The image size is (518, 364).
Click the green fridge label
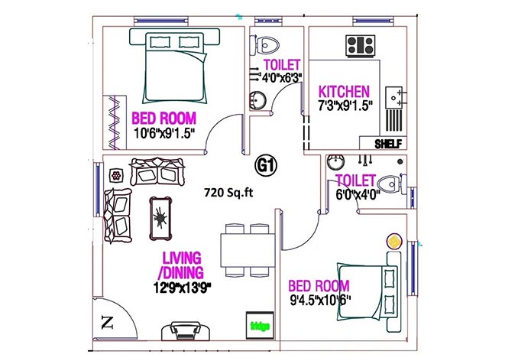[x=260, y=326]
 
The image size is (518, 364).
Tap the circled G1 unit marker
[x=267, y=165]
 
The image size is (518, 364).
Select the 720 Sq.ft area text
[x=228, y=193]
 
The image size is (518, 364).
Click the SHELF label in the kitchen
[x=388, y=144]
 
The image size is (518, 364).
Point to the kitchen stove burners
[x=361, y=46]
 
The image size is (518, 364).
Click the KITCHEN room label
[x=344, y=91]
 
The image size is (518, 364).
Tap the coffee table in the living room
[x=160, y=218]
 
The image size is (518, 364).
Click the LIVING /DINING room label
[x=181, y=265]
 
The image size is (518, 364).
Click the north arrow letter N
[x=107, y=323]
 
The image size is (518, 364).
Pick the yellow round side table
[x=393, y=242]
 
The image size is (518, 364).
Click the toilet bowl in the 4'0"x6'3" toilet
[x=267, y=44]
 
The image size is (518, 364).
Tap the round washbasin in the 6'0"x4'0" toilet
[x=335, y=162]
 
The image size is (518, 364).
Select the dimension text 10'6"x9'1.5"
[x=163, y=133]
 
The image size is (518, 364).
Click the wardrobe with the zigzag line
[x=115, y=122]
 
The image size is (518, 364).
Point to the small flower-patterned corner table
[x=115, y=175]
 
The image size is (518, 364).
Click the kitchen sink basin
[x=394, y=98]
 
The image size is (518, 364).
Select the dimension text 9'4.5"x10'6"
[x=320, y=301]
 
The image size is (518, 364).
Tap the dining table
[x=248, y=250]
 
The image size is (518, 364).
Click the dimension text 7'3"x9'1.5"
[x=345, y=106]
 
